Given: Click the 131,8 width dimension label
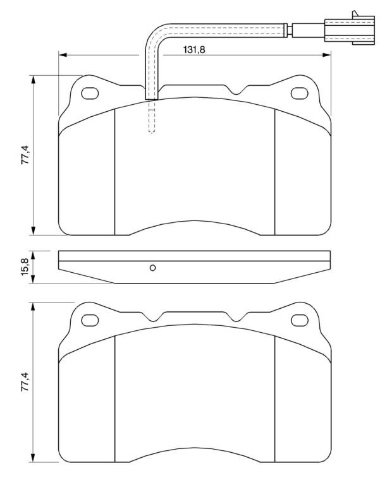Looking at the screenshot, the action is (x=194, y=49).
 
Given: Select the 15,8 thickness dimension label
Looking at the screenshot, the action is (x=25, y=266).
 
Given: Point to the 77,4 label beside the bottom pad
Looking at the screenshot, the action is (x=25, y=381).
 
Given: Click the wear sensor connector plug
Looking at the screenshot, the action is (x=349, y=30).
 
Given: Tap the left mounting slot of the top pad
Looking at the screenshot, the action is (x=90, y=93).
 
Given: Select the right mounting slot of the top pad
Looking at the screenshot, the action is (x=300, y=93).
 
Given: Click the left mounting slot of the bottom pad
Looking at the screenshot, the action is (x=90, y=320).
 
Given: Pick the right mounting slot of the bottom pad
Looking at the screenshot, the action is (x=300, y=320).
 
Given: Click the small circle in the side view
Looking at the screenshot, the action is (x=152, y=268).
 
